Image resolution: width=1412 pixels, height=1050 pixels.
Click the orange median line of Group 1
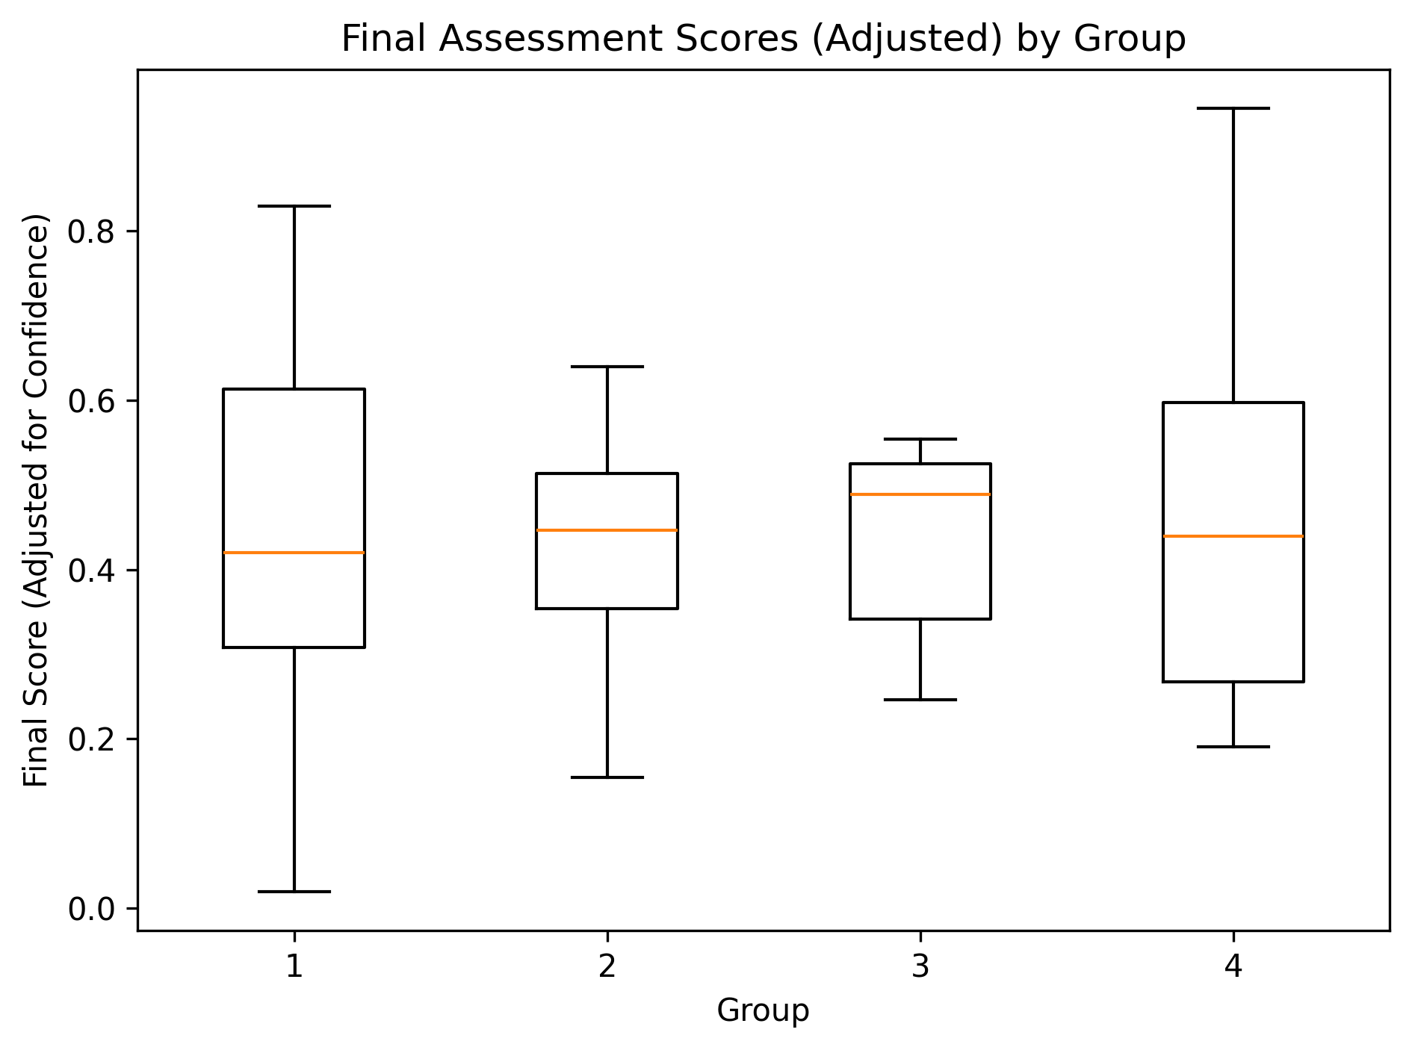[294, 553]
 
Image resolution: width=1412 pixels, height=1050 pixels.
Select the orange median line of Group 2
[607, 530]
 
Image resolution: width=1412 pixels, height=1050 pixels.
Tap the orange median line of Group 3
[920, 494]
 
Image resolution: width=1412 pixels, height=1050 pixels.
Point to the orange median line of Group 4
[1233, 536]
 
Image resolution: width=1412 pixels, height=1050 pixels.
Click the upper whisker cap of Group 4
[1233, 108]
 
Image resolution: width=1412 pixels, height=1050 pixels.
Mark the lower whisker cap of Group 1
[294, 892]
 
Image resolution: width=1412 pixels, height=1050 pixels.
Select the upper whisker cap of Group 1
[294, 206]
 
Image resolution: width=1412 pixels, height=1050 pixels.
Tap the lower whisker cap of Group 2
[607, 777]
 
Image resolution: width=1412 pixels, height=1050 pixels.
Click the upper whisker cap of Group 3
[920, 439]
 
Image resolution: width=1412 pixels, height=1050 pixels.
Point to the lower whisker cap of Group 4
[1233, 747]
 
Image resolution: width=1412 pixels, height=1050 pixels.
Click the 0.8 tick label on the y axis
[92, 232]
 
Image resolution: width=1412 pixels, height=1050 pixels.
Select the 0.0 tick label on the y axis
[92, 909]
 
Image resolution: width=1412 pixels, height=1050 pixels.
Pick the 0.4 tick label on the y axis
[92, 571]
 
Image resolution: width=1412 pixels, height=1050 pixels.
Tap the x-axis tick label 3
[920, 968]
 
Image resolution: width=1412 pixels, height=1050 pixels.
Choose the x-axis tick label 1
[294, 968]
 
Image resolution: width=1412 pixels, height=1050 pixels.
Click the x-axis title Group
[763, 1011]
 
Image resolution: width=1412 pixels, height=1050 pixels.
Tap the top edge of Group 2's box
[607, 473]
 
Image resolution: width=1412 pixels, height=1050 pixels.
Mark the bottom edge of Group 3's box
[920, 619]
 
